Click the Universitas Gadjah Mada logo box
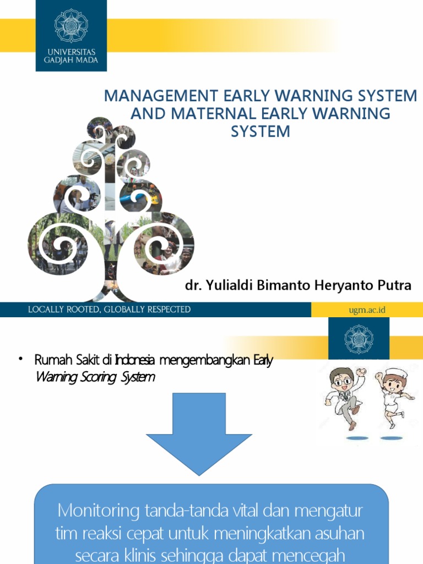(71, 35)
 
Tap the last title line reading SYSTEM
(260, 132)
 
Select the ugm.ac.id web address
(367, 310)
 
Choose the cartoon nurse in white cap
(392, 394)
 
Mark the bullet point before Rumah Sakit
(20, 360)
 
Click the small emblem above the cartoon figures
(359, 338)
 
